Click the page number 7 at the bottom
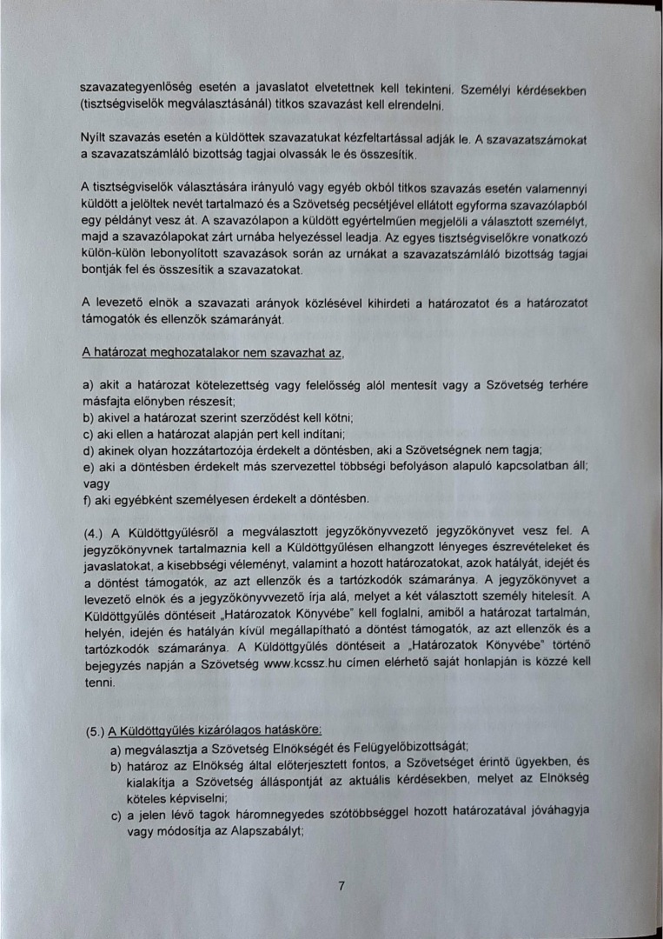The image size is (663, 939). [x=341, y=886]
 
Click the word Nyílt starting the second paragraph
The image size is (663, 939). [x=94, y=138]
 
